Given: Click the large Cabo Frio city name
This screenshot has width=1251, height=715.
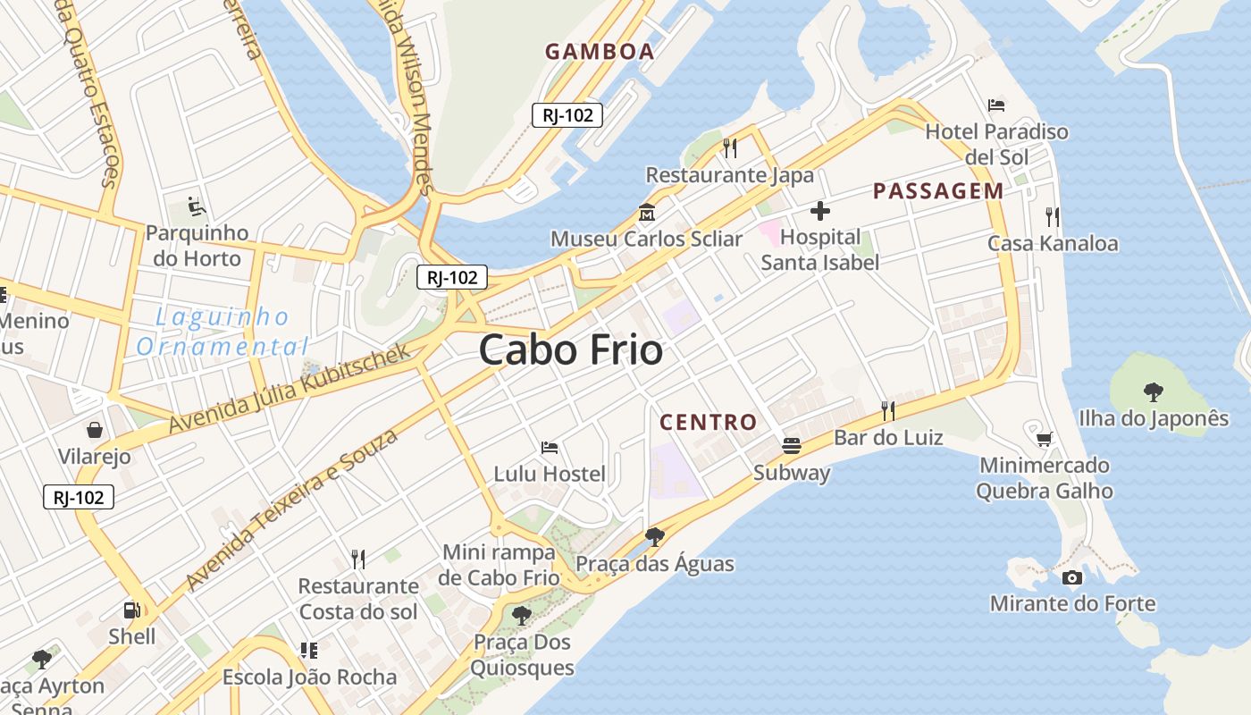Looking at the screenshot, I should [571, 349].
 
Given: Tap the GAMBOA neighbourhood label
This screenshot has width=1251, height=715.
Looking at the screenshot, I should [600, 52].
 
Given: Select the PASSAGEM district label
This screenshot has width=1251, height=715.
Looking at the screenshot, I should [938, 190].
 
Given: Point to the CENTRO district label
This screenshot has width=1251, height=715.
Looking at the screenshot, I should [708, 422].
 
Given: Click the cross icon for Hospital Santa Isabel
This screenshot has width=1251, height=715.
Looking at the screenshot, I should [819, 212].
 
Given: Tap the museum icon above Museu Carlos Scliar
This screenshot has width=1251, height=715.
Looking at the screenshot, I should [646, 213].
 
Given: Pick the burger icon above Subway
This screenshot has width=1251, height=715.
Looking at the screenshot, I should [792, 445].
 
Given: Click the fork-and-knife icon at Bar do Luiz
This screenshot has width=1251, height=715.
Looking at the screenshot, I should [887, 411].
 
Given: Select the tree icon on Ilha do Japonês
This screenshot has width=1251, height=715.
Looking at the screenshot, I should [1154, 391].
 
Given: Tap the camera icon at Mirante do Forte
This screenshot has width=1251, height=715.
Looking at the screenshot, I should [1072, 577].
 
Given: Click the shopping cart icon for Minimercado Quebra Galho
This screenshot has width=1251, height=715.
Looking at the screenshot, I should [1044, 439].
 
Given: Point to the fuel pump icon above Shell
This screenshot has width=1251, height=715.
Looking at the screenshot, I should [131, 610].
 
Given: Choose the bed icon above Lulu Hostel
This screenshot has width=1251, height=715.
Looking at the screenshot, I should [550, 447].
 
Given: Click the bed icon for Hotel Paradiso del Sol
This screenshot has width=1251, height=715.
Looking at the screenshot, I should [996, 105].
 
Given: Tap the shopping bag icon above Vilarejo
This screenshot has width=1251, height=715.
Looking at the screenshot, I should [94, 430].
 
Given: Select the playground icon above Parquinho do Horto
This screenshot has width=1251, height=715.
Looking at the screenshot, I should [197, 207].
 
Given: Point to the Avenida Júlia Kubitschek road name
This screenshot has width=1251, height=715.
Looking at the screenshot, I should [290, 388].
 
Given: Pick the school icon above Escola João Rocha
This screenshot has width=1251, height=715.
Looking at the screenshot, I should [309, 651].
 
